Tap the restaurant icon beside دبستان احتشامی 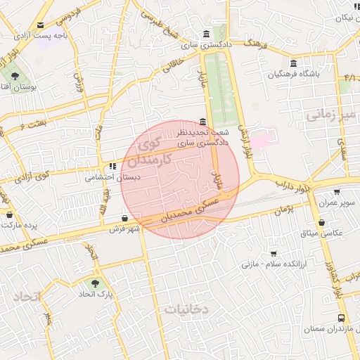tap(112, 167)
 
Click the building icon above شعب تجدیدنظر tap(203, 121)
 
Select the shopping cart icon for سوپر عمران tap(337, 192)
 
